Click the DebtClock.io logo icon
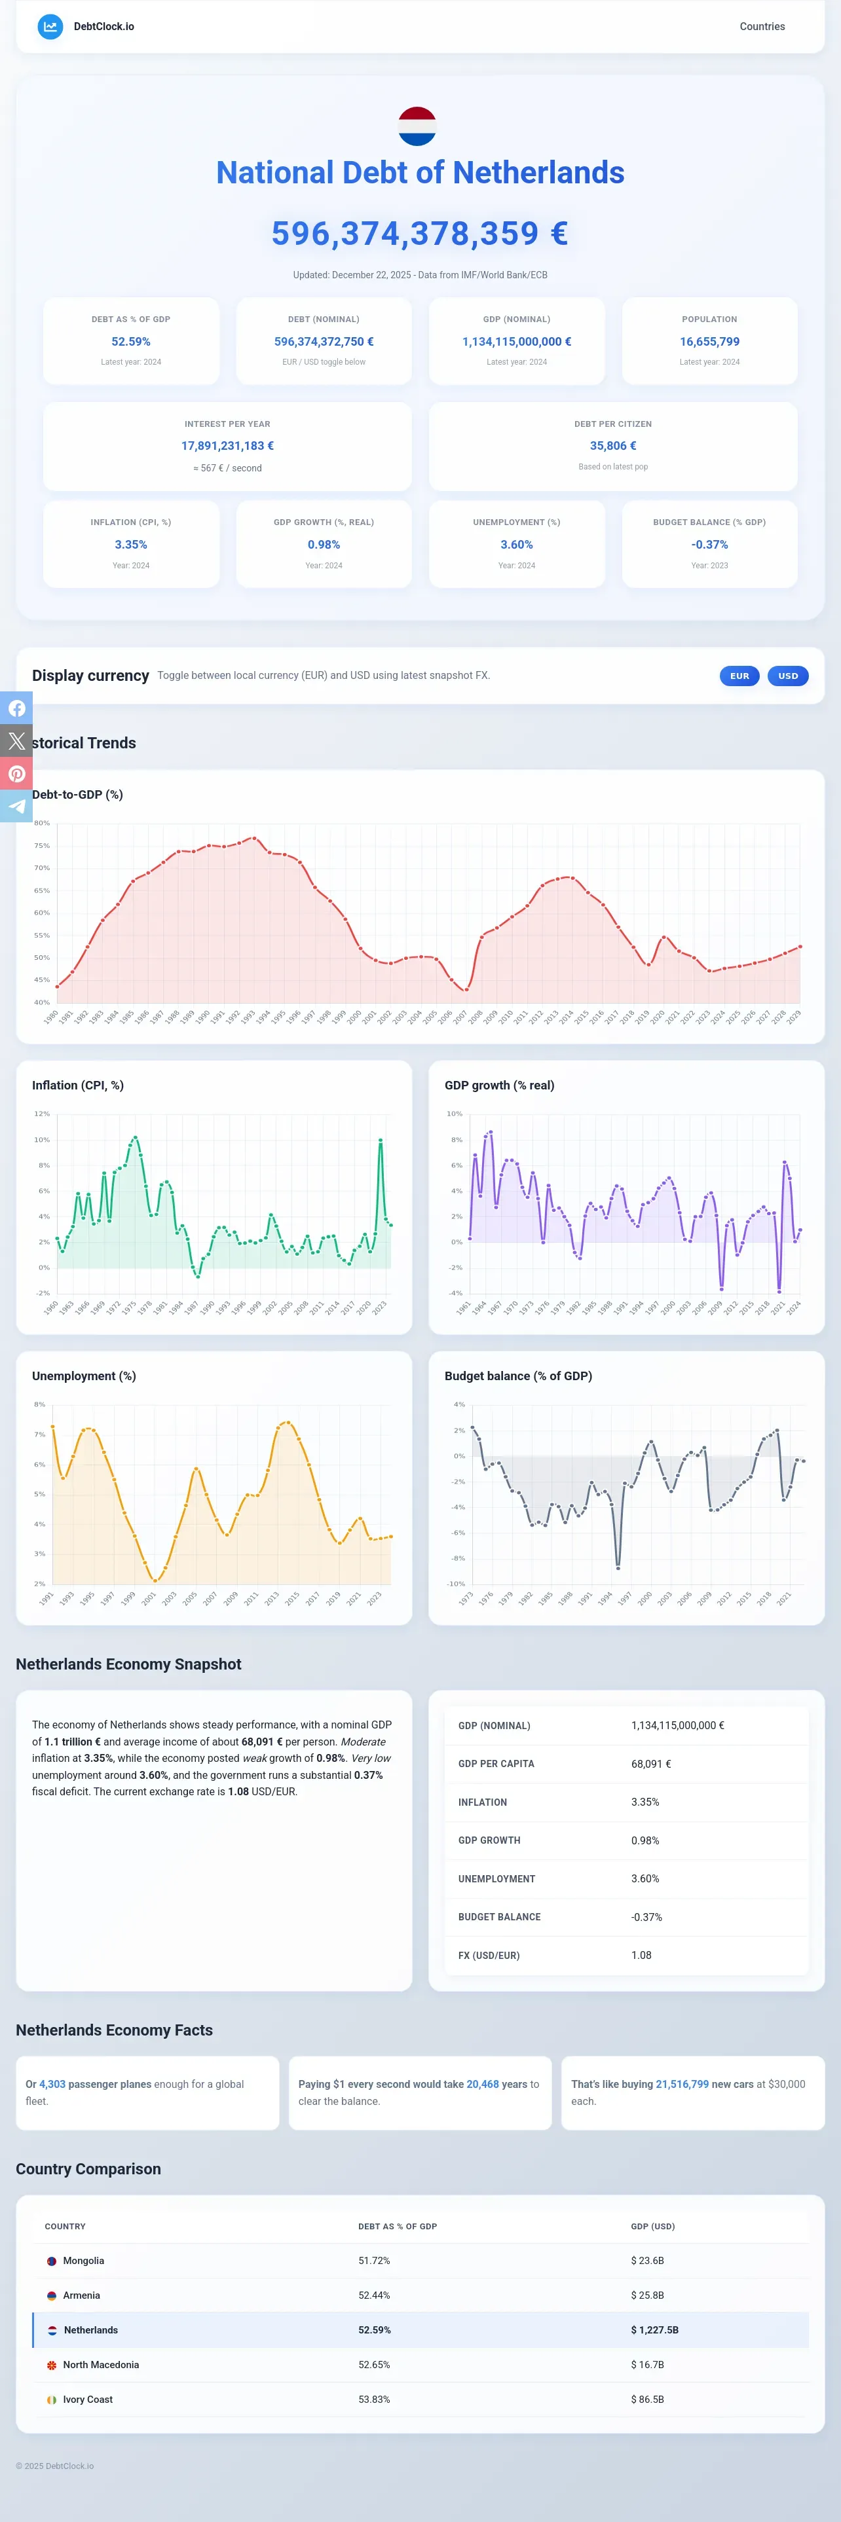[50, 26]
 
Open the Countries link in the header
[762, 26]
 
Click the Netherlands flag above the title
[417, 126]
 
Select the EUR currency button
[739, 676]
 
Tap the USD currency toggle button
[788, 676]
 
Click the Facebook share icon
[16, 708]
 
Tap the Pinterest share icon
[16, 773]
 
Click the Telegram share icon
[16, 806]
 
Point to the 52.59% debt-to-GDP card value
[131, 342]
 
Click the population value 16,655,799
[710, 342]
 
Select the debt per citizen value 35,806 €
[613, 445]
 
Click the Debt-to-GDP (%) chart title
[77, 794]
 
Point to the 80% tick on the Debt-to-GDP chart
[42, 822]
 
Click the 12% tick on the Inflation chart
[42, 1113]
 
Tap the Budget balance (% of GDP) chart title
[518, 1376]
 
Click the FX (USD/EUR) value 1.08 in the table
[641, 1955]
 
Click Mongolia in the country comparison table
[83, 2261]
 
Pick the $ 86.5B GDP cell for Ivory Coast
[647, 2400]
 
